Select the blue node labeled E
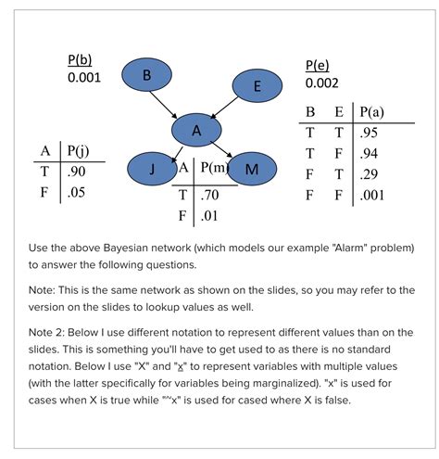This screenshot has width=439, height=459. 256,86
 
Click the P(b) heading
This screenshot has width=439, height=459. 79,59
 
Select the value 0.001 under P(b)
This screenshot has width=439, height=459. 84,77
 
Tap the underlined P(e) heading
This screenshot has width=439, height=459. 317,66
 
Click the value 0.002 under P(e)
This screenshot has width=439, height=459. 321,83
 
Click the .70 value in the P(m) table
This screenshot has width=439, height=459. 210,196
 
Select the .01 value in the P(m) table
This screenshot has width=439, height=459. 209,217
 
